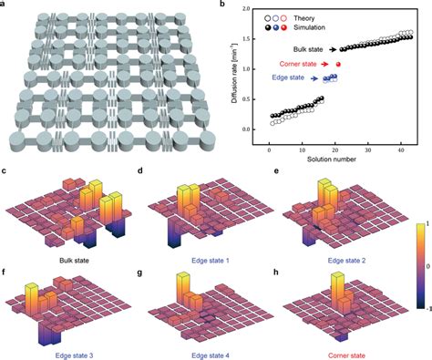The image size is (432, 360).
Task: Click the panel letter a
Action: tap(5, 5)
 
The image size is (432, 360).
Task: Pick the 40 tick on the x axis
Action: tap(397, 138)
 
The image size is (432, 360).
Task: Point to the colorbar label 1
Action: tap(426, 221)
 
